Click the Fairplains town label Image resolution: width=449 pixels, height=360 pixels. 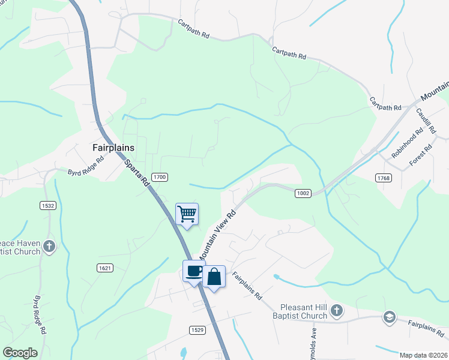(x=113, y=147)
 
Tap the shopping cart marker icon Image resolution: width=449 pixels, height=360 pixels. (x=187, y=214)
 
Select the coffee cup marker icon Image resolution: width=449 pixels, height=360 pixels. (x=194, y=271)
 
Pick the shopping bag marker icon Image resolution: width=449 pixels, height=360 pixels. (x=214, y=277)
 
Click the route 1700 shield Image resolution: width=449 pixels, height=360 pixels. (x=159, y=177)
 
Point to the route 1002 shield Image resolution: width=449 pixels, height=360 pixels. (x=303, y=193)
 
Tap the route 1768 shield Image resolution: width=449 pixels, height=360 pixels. (x=384, y=178)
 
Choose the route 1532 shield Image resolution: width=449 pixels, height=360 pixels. (x=48, y=205)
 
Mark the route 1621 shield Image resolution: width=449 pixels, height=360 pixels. (x=104, y=268)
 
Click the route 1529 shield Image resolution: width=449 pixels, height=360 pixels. (x=197, y=330)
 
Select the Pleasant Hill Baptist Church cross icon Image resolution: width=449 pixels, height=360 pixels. (x=337, y=310)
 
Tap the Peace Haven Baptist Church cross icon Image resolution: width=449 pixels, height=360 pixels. (x=49, y=246)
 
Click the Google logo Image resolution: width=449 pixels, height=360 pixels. (x=20, y=353)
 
